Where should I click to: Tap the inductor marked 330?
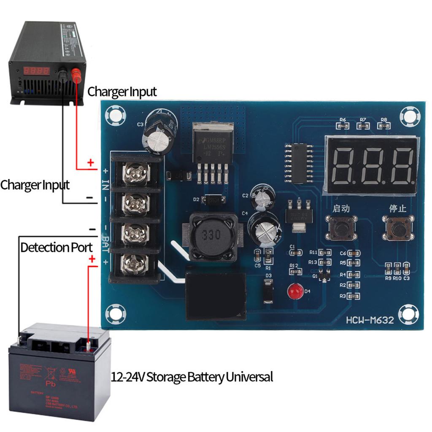tap(210, 236)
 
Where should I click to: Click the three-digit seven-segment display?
tap(371, 165)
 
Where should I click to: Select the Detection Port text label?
tap(57, 247)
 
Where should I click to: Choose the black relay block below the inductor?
tap(216, 295)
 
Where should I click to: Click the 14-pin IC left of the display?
tap(300, 163)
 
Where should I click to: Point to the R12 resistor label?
tap(294, 266)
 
